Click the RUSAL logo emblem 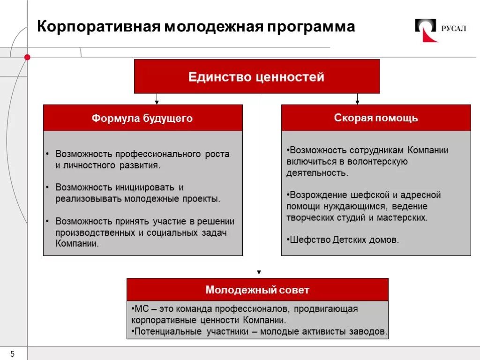tap(426, 30)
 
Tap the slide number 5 tap(13, 353)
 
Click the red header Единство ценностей tap(256, 76)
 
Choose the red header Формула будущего tap(142, 118)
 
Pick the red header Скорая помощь tap(376, 118)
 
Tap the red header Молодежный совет tap(257, 290)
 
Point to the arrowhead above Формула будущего tap(157, 101)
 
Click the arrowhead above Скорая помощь tap(357, 101)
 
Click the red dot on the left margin tap(27, 57)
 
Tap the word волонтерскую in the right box tap(380, 161)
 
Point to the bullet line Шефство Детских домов tap(343, 240)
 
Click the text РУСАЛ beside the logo tap(453, 28)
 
